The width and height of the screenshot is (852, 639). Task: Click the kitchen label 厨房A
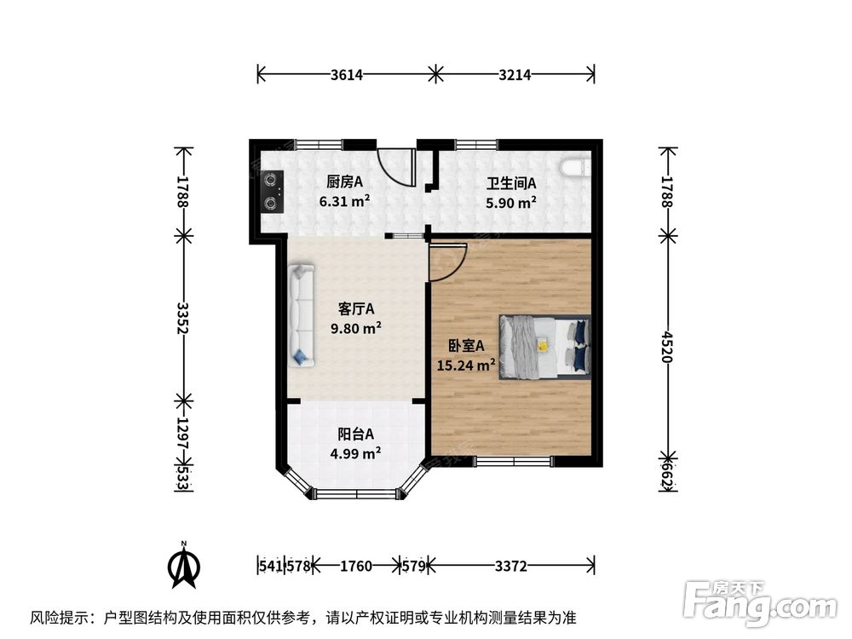coord(344,182)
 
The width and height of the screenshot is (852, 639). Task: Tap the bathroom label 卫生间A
coord(510,184)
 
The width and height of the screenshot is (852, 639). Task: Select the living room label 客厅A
coord(356,309)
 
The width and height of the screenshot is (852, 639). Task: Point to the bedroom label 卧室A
coord(466,346)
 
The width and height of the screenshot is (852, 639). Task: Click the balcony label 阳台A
coord(356,435)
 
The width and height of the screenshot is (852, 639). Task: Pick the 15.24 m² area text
coord(466,365)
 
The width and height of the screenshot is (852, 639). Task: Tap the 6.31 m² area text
coord(344,202)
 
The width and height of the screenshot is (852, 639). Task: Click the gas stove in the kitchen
coord(272,191)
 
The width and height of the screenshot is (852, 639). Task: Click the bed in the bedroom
coord(544,346)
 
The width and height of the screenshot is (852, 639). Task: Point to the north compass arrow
coord(184,567)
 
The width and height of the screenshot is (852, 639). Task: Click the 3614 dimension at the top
coord(347,74)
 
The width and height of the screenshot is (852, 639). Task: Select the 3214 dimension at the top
coord(515,74)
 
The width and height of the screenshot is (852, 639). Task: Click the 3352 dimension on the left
coord(183,319)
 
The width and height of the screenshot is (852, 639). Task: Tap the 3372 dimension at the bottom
coord(510,567)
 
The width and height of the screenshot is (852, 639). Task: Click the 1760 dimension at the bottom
coord(356,567)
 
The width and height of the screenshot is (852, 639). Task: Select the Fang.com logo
coord(760,602)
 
